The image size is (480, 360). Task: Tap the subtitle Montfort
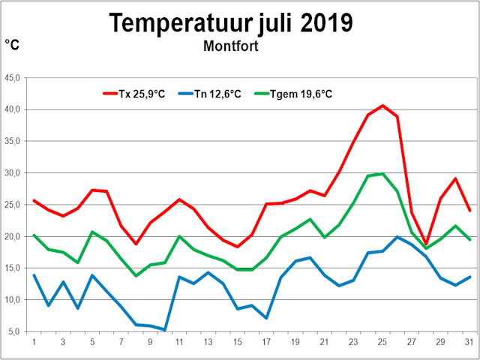click(x=230, y=46)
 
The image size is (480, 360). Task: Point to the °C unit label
click(x=12, y=46)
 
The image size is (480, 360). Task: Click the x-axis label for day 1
click(x=34, y=343)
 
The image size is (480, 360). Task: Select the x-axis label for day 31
click(x=469, y=343)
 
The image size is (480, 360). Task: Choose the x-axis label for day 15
click(x=237, y=343)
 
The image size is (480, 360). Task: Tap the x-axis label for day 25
click(x=382, y=343)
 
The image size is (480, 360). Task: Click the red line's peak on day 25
click(x=382, y=106)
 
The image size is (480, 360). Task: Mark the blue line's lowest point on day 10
click(x=165, y=329)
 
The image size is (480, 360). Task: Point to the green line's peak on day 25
click(x=382, y=174)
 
